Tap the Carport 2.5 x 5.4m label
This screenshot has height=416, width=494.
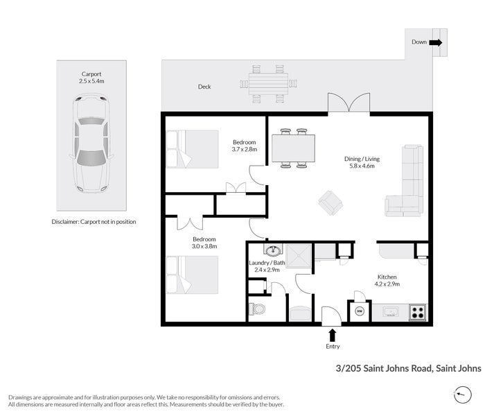[x=91, y=77]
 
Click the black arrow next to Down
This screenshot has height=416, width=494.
[x=435, y=42]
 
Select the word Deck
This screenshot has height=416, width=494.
[x=204, y=87]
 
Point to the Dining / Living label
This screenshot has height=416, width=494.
[x=362, y=163]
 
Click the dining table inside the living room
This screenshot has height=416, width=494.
[x=293, y=147]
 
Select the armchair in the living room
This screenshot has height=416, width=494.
[x=330, y=202]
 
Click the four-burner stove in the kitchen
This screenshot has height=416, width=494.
[x=418, y=312]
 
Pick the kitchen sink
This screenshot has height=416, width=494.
[x=390, y=312]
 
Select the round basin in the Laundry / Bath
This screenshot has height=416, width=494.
[x=272, y=251]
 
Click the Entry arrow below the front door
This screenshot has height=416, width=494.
[x=332, y=335]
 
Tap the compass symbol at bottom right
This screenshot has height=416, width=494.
[x=464, y=395]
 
